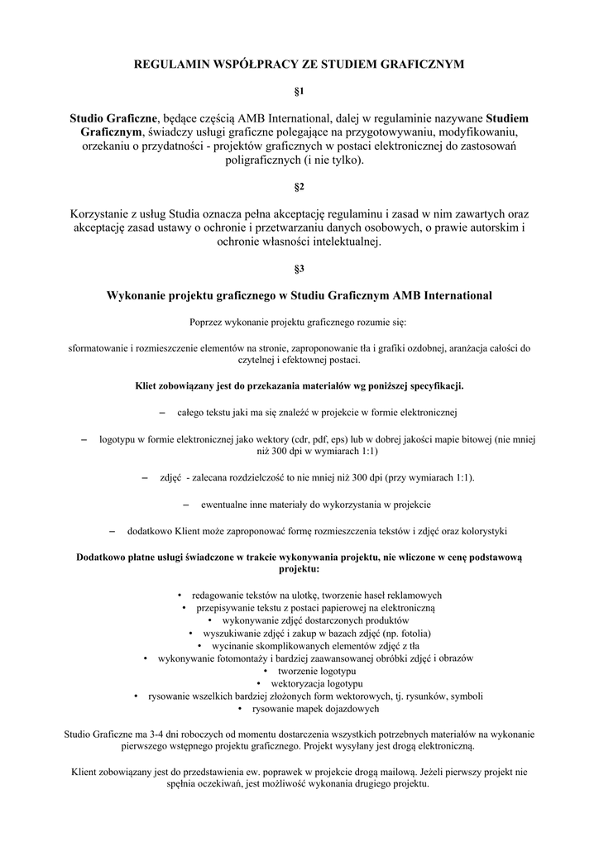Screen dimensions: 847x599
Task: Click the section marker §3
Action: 299,269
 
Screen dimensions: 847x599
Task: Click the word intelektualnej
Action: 340,242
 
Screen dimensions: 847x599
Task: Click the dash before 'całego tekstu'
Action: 162,411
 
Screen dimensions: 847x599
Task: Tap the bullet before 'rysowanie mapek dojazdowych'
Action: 240,709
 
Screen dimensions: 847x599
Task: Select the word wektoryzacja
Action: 299,684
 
